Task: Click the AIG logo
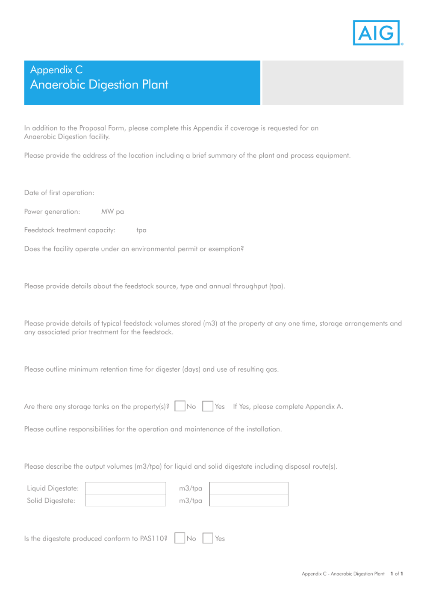pyautogui.click(x=377, y=33)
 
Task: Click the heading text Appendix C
pyautogui.click(x=56, y=70)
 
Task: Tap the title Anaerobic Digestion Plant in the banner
pyautogui.click(x=99, y=85)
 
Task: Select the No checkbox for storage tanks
pyautogui.click(x=180, y=406)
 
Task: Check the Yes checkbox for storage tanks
pyautogui.click(x=208, y=406)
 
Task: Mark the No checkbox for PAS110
pyautogui.click(x=180, y=538)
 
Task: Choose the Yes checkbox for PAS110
pyautogui.click(x=208, y=538)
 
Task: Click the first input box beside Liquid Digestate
pyautogui.click(x=125, y=488)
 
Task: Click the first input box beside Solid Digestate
pyautogui.click(x=125, y=500)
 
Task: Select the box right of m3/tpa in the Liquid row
pyautogui.click(x=248, y=488)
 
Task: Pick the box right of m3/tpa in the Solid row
pyautogui.click(x=248, y=500)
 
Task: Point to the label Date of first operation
pyautogui.click(x=59, y=193)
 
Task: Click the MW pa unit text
pyautogui.click(x=112, y=212)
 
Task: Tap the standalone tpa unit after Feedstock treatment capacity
pyautogui.click(x=141, y=230)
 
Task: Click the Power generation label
pyautogui.click(x=52, y=212)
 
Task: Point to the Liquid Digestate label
pyautogui.click(x=53, y=488)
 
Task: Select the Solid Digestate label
pyautogui.click(x=51, y=501)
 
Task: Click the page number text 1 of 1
pyautogui.click(x=397, y=574)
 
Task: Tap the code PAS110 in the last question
pyautogui.click(x=153, y=538)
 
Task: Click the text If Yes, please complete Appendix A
pyautogui.click(x=288, y=407)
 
